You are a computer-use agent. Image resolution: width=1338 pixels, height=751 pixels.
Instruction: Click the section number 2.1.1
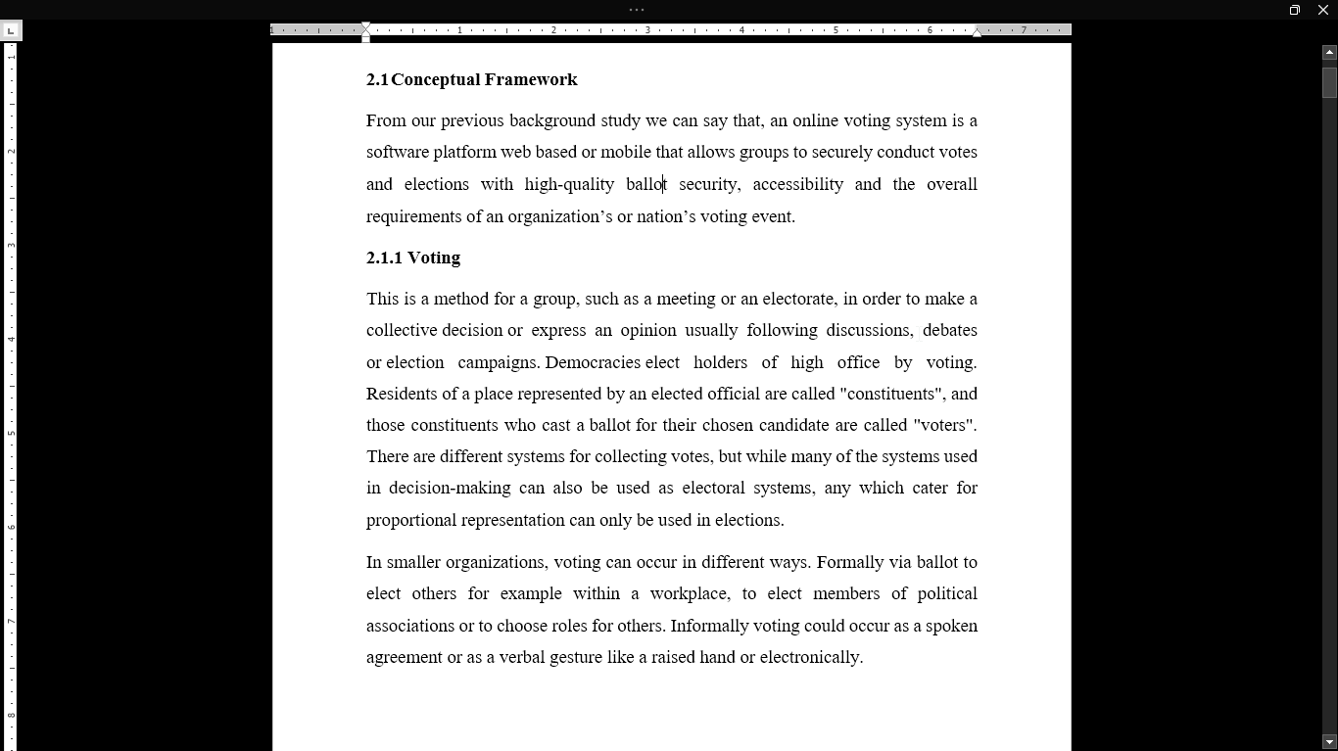pyautogui.click(x=384, y=258)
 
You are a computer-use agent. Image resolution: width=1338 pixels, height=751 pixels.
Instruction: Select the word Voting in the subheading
pyautogui.click(x=434, y=258)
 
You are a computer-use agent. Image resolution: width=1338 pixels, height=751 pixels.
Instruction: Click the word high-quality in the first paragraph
pyautogui.click(x=569, y=184)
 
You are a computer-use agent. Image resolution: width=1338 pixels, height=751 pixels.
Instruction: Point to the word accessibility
pyautogui.click(x=797, y=184)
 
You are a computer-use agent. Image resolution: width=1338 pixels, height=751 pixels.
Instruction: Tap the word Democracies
pyautogui.click(x=593, y=362)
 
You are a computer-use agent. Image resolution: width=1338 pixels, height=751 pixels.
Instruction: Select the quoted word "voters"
pyautogui.click(x=944, y=425)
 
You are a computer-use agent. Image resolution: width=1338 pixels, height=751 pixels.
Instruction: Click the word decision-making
pyautogui.click(x=450, y=488)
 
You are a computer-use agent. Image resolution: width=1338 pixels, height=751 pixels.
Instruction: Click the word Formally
pyautogui.click(x=849, y=562)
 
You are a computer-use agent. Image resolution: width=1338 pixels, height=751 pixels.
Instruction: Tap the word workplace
pyautogui.click(x=689, y=593)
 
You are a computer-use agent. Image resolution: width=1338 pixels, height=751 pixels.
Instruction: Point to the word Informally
pyautogui.click(x=708, y=626)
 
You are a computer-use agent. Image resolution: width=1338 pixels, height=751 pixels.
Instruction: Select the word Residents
pyautogui.click(x=402, y=394)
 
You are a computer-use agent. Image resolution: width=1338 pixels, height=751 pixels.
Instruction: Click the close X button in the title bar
pyautogui.click(x=1322, y=10)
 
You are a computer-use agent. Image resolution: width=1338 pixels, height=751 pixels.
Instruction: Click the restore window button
pyautogui.click(x=1294, y=10)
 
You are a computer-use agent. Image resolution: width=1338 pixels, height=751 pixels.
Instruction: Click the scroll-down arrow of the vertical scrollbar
pyautogui.click(x=1329, y=741)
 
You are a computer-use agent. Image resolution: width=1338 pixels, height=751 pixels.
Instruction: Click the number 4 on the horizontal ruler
pyautogui.click(x=741, y=30)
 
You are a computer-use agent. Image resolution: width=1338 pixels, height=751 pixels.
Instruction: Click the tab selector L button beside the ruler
pyautogui.click(x=11, y=30)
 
